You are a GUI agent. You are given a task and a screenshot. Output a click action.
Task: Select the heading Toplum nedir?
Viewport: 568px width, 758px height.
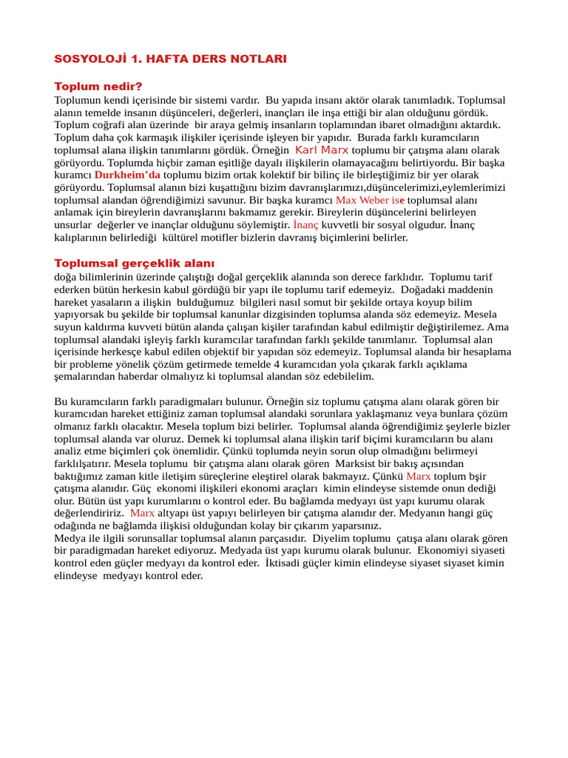tap(98, 86)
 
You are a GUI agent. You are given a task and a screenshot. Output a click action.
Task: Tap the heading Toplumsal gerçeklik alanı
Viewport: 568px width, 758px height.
tap(134, 263)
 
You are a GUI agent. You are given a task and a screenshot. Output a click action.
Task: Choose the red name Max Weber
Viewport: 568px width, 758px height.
tap(361, 200)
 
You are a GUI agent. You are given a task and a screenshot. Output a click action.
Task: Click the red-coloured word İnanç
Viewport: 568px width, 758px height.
tap(305, 225)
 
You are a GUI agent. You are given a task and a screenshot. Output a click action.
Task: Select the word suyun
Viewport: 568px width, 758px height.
tap(69, 326)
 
